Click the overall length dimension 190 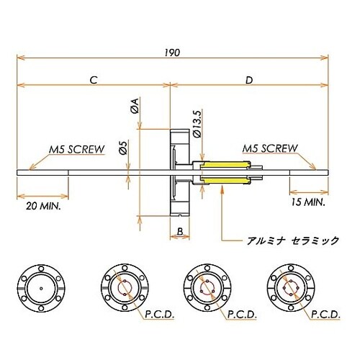(171, 52)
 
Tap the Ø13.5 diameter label (197, 122)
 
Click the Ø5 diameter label (123, 147)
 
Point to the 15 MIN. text (307, 203)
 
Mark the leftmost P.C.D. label (163, 315)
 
